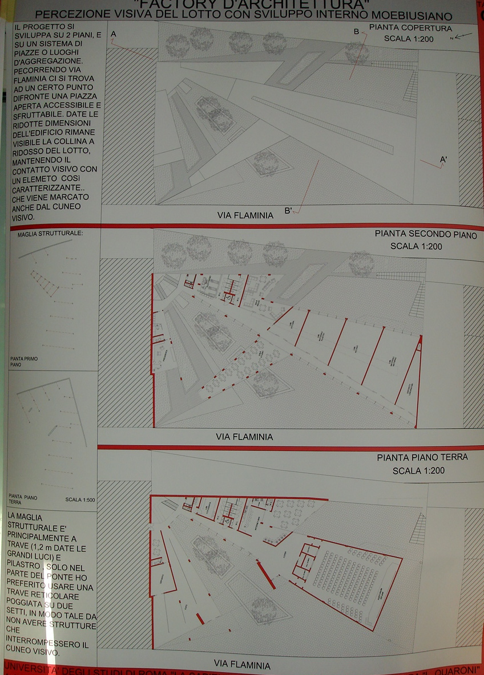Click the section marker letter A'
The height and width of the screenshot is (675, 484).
[x=443, y=160]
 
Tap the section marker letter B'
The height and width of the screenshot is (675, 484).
[x=288, y=210]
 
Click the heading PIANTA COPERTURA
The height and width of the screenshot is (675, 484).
[x=410, y=28]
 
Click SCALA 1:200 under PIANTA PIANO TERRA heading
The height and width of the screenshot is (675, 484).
[x=418, y=471]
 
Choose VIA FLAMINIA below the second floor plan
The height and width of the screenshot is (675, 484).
[x=244, y=437]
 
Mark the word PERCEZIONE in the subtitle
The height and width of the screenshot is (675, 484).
[x=90, y=16]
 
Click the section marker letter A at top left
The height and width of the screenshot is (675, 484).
[x=114, y=34]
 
